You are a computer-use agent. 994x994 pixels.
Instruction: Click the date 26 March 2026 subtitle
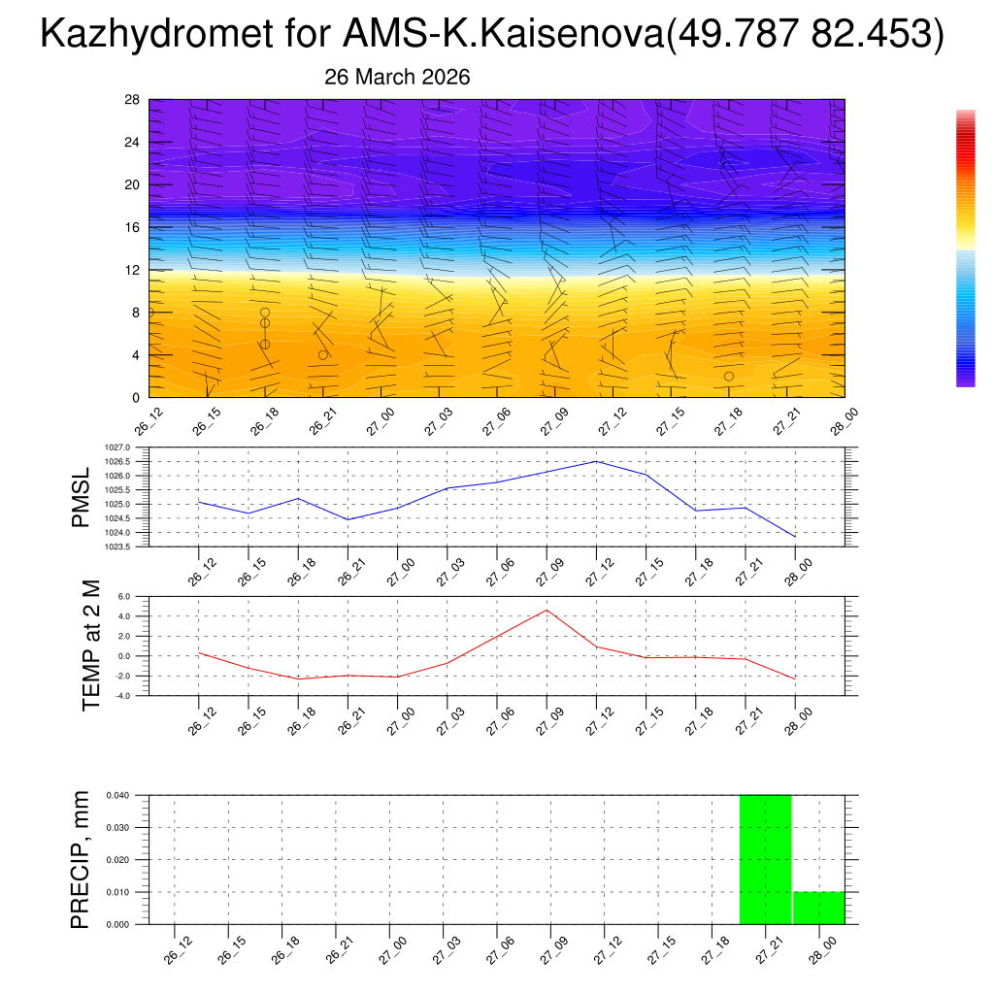click(397, 78)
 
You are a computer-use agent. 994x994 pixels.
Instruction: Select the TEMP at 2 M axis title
click(91, 645)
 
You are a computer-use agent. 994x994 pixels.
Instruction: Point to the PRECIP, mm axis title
click(83, 859)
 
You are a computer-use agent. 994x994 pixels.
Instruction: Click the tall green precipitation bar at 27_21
click(766, 859)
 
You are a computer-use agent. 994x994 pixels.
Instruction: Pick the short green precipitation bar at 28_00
click(818, 908)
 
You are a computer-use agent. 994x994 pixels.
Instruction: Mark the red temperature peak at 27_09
click(547, 610)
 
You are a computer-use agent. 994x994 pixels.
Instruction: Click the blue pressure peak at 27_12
click(596, 461)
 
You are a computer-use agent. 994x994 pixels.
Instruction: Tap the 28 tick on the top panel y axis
click(132, 100)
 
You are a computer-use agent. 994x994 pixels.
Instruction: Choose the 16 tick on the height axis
click(132, 227)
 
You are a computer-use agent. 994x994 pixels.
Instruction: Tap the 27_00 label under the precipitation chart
click(390, 950)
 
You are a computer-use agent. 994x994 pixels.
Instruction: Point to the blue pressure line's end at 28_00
click(795, 537)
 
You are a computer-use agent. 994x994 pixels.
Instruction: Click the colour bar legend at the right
click(965, 248)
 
